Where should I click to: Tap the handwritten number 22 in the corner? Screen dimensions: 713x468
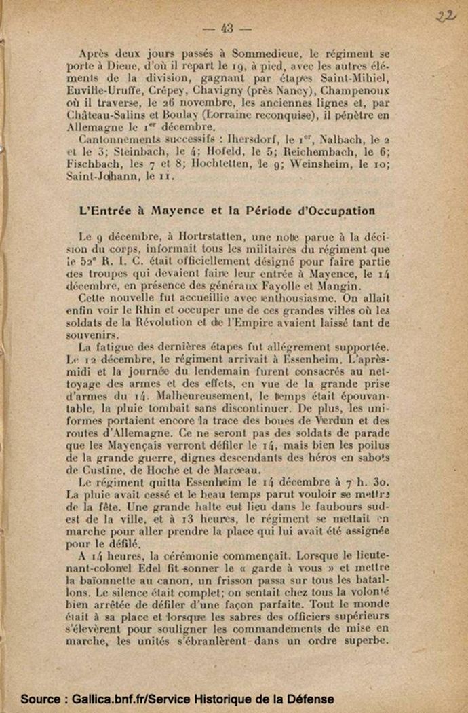point(445,16)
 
